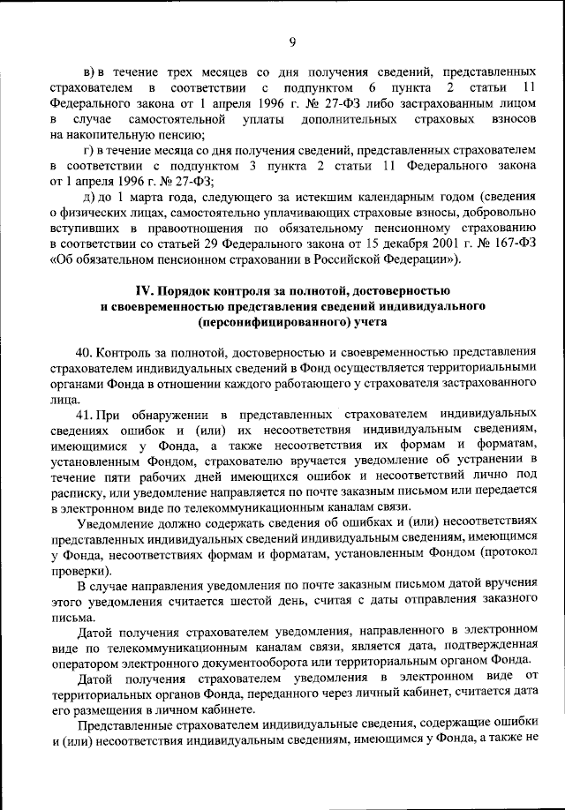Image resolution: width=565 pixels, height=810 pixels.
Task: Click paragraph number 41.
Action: coord(84,414)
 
